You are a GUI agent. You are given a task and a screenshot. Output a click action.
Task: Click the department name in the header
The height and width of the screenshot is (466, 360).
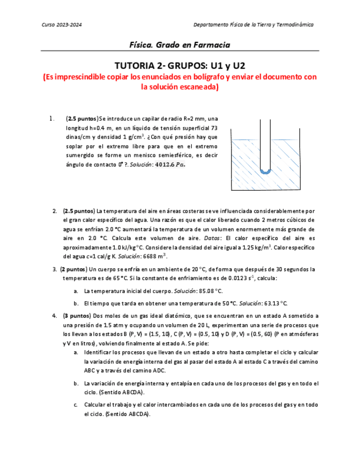(x=254, y=25)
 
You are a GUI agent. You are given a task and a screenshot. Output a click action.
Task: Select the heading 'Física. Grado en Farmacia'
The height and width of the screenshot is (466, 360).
(x=179, y=45)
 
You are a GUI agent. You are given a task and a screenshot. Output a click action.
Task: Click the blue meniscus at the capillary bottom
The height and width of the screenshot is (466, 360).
(x=265, y=171)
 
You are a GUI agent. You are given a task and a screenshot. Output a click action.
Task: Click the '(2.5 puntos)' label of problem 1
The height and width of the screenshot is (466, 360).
(x=81, y=119)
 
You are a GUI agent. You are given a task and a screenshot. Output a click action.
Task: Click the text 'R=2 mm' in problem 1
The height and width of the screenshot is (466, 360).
(x=191, y=119)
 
